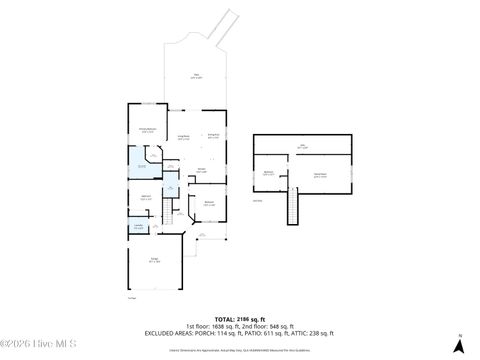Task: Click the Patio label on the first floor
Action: click(x=195, y=77)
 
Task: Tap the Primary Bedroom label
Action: click(x=146, y=130)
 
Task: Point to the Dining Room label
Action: click(x=212, y=136)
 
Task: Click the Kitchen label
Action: click(x=202, y=170)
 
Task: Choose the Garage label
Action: click(x=155, y=261)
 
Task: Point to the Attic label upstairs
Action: click(x=304, y=147)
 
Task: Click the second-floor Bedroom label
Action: click(x=269, y=173)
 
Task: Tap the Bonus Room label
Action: click(x=320, y=174)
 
